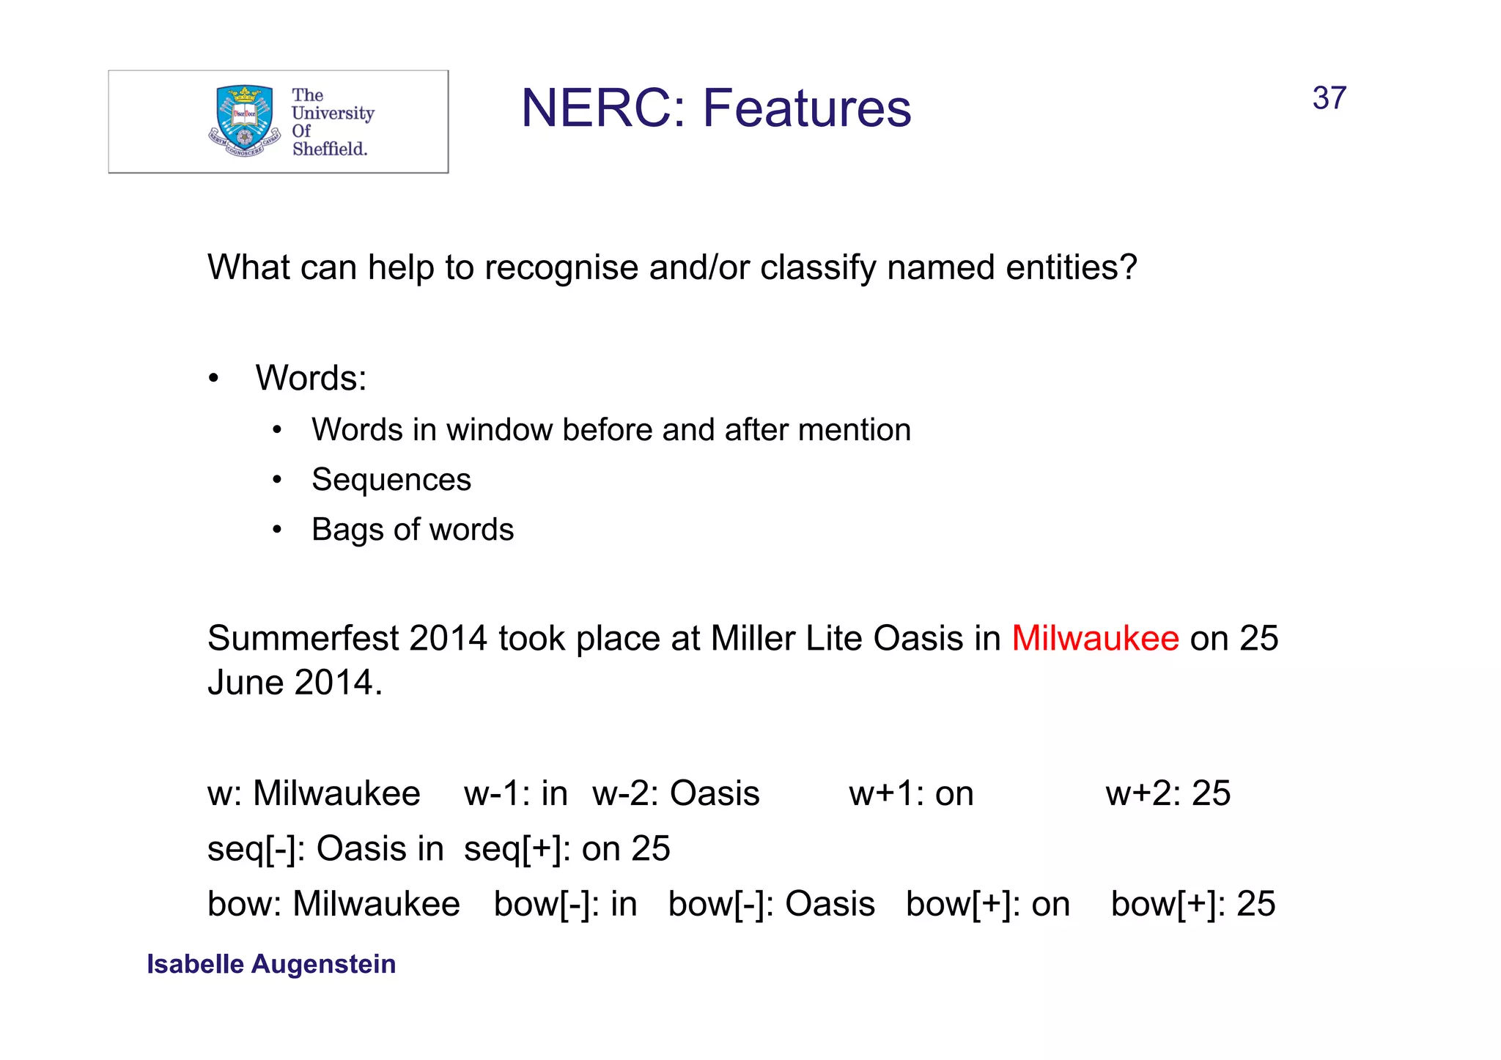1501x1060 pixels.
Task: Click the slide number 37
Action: pos(1329,98)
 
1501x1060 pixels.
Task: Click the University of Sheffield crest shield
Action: pos(245,117)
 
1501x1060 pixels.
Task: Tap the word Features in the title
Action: pos(807,108)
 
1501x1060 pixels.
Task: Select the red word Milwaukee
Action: pos(1095,638)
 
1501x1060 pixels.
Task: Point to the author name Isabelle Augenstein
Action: pos(271,964)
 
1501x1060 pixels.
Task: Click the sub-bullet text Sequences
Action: pos(391,480)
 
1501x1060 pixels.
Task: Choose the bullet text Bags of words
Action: pos(412,530)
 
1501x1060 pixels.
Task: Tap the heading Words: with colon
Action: pos(311,379)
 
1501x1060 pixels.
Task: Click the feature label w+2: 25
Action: pos(1168,793)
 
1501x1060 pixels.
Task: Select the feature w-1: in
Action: pos(515,793)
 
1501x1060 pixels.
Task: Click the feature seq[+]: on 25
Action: pos(567,849)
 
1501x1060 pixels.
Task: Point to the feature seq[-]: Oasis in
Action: pos(325,849)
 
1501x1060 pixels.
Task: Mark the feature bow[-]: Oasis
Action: pos(771,904)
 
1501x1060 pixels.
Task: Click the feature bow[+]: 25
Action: pos(1192,904)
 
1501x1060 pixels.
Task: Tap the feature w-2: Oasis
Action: pos(676,793)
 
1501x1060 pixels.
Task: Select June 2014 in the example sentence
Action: pos(294,683)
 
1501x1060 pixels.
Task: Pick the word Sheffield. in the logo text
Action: pos(330,149)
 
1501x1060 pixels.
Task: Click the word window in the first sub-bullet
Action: pos(499,430)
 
